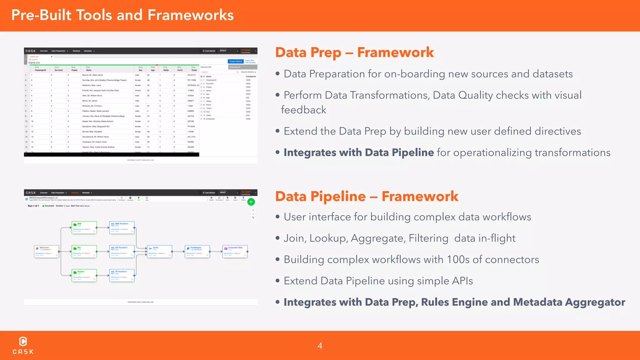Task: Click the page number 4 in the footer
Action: pos(320,346)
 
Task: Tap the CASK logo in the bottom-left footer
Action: pos(23,345)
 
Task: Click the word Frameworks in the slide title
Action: pos(191,15)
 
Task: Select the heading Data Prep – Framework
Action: pos(354,52)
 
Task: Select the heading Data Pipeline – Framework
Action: pos(367,196)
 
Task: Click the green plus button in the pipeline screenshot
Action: pos(251,202)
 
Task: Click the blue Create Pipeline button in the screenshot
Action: pos(236,62)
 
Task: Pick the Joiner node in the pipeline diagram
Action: pos(159,251)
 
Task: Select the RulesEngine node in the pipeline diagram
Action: pos(197,251)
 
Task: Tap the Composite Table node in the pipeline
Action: pos(235,251)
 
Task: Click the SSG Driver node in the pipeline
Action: pos(46,251)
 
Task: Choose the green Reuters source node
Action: pos(84,275)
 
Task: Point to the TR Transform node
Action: pos(122,275)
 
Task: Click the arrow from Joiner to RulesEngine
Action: pos(178,251)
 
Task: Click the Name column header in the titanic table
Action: pos(89,70)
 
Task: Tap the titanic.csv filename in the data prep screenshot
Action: pos(34,63)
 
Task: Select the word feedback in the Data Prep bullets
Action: pos(303,110)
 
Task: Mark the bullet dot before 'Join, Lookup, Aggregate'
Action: pos(277,238)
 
